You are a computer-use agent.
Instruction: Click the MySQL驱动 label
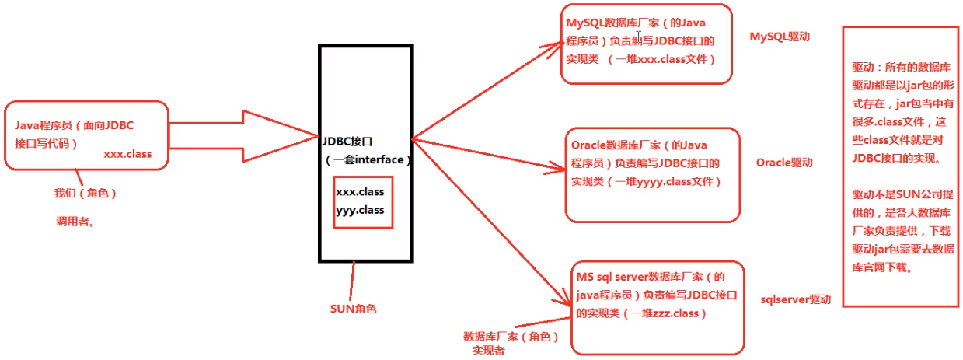[780, 37]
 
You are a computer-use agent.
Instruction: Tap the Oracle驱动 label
[783, 163]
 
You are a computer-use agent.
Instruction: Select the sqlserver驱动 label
[796, 299]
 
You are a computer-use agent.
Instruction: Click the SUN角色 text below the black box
[353, 308]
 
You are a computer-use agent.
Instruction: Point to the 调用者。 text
[75, 222]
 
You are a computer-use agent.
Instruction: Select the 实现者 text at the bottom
[488, 351]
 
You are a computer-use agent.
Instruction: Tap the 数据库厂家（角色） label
[511, 337]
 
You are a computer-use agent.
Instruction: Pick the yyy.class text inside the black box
[360, 210]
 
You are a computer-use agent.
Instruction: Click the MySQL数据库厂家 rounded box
[646, 44]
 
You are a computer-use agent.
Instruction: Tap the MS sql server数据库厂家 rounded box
[657, 306]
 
